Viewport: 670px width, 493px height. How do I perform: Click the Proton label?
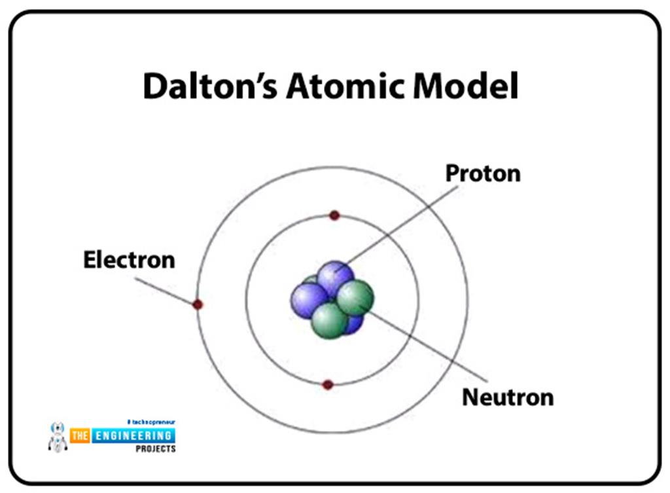point(483,173)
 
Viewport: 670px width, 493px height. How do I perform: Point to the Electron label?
point(129,260)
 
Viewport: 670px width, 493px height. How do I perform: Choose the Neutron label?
point(507,397)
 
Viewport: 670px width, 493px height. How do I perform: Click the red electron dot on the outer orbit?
point(198,304)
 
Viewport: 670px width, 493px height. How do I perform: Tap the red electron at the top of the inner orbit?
point(334,215)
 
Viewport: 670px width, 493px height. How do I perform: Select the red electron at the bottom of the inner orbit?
point(328,385)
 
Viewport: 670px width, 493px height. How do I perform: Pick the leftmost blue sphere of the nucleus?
point(307,300)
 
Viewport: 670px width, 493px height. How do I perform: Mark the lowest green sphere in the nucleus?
point(328,320)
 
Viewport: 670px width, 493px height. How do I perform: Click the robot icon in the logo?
point(58,437)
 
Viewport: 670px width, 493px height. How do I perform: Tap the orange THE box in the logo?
point(80,435)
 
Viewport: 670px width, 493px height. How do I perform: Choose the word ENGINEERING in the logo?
point(132,435)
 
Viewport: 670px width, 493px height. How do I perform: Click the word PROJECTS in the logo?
point(154,449)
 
